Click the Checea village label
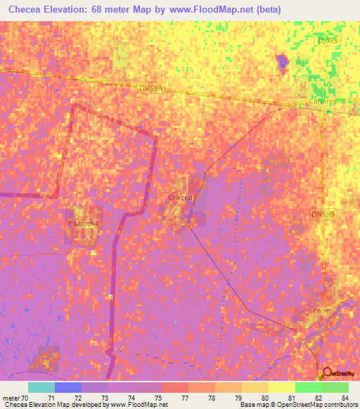tap(181, 198)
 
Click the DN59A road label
tap(150, 89)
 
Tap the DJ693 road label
tap(327, 41)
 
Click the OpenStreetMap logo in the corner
tap(338, 373)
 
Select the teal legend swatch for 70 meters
tap(41, 387)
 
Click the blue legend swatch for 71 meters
tap(68, 387)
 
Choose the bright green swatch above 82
tap(309, 387)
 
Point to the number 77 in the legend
tap(184, 398)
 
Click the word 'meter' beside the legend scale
tap(12, 398)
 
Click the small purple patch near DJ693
tap(282, 62)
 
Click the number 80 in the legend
tap(264, 398)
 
